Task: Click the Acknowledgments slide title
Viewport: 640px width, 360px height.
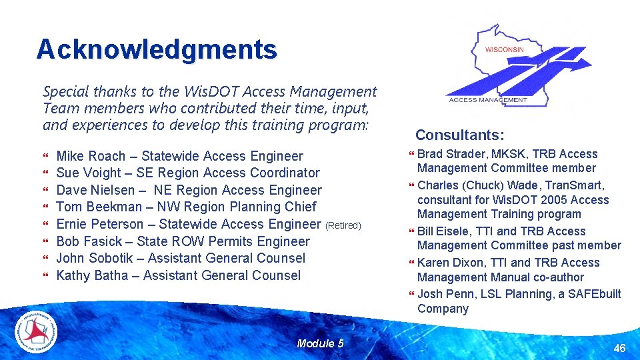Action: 157,49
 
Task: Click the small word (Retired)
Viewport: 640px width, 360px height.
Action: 343,225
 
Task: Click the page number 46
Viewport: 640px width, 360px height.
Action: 619,347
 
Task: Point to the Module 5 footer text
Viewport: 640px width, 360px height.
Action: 320,343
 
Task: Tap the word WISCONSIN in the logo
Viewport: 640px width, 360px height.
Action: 504,49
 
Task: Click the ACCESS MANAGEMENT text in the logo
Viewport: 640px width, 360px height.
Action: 488,100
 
